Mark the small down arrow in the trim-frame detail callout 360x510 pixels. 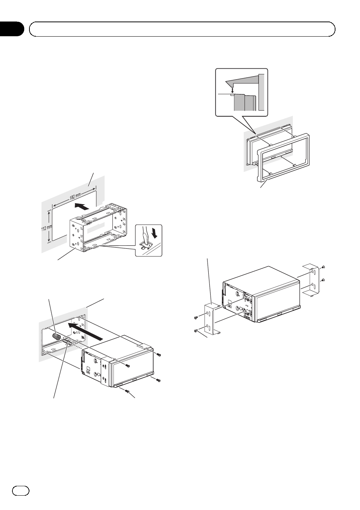233,90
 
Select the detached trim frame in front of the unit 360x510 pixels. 283,155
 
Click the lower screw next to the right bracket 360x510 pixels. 324,280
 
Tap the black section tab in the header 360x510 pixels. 12,29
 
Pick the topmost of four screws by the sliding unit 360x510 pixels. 159,354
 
